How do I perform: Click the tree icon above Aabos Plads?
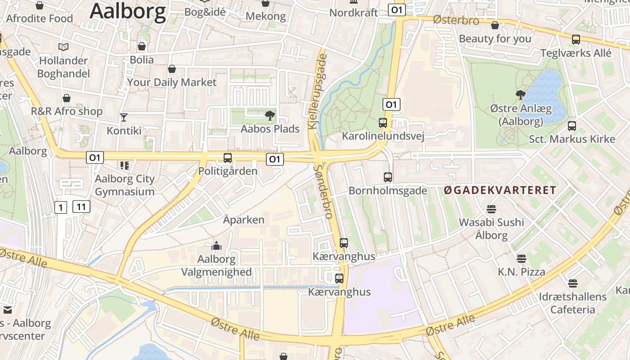click(x=270, y=116)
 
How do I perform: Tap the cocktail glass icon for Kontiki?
click(x=124, y=117)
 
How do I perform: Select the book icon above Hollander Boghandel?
click(x=63, y=47)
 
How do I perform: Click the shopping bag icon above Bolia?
click(x=142, y=46)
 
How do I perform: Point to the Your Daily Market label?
click(x=171, y=82)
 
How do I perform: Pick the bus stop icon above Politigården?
click(x=228, y=158)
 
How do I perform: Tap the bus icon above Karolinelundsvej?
click(x=383, y=122)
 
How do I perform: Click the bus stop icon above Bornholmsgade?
click(x=388, y=177)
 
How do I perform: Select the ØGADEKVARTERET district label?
click(x=500, y=190)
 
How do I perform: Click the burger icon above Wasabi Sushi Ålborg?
click(x=491, y=209)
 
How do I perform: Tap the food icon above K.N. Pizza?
click(x=521, y=259)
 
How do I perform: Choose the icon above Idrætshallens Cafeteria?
click(x=572, y=283)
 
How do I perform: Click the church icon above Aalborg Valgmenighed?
click(x=216, y=246)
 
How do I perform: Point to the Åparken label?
click(x=243, y=220)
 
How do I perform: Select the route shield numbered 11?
click(x=81, y=207)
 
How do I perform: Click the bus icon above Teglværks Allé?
click(x=576, y=40)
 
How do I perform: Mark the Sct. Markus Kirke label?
click(x=571, y=139)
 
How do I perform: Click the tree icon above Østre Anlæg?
click(x=521, y=95)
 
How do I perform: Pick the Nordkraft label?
click(x=354, y=13)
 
